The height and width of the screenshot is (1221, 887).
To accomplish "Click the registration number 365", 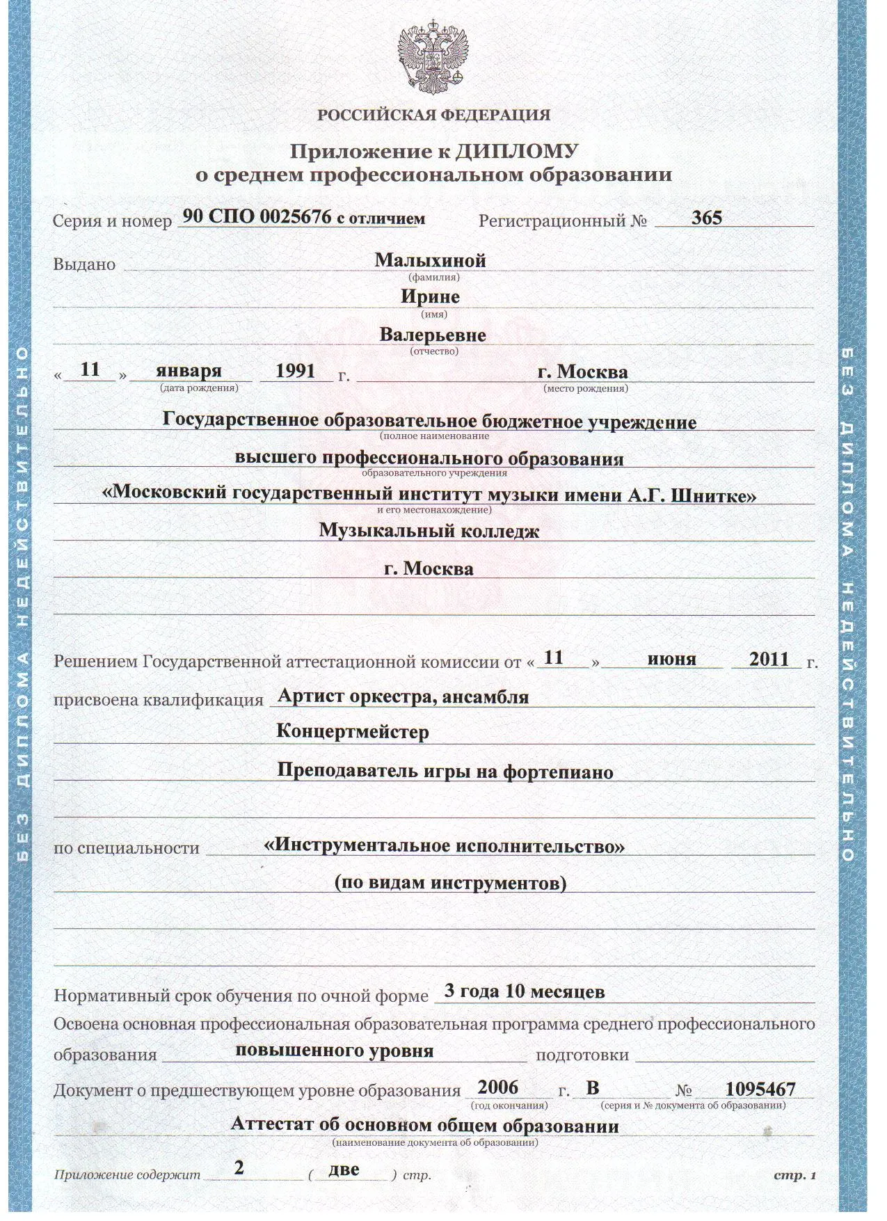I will point(706,218).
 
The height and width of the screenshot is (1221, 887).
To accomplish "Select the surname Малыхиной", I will point(430,260).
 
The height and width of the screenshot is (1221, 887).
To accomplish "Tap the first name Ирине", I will point(430,297).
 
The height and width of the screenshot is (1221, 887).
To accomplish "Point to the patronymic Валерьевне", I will point(433,335).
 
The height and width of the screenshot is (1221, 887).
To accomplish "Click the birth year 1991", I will point(295,370).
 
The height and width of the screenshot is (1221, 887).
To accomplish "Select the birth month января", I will point(189,370).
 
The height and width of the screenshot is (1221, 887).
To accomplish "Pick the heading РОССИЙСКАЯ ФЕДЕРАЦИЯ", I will point(433,115).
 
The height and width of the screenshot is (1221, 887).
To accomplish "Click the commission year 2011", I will point(769,659).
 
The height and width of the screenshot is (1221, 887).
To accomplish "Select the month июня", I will point(671,659).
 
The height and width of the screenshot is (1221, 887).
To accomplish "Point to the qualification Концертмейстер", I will point(353,732).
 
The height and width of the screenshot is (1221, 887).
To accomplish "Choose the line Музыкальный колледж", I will point(429,531).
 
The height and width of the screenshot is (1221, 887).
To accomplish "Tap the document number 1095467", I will point(760,1089).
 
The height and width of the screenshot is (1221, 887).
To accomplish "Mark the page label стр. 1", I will point(794,1175).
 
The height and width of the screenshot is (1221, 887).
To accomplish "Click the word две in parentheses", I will point(344,1169).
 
